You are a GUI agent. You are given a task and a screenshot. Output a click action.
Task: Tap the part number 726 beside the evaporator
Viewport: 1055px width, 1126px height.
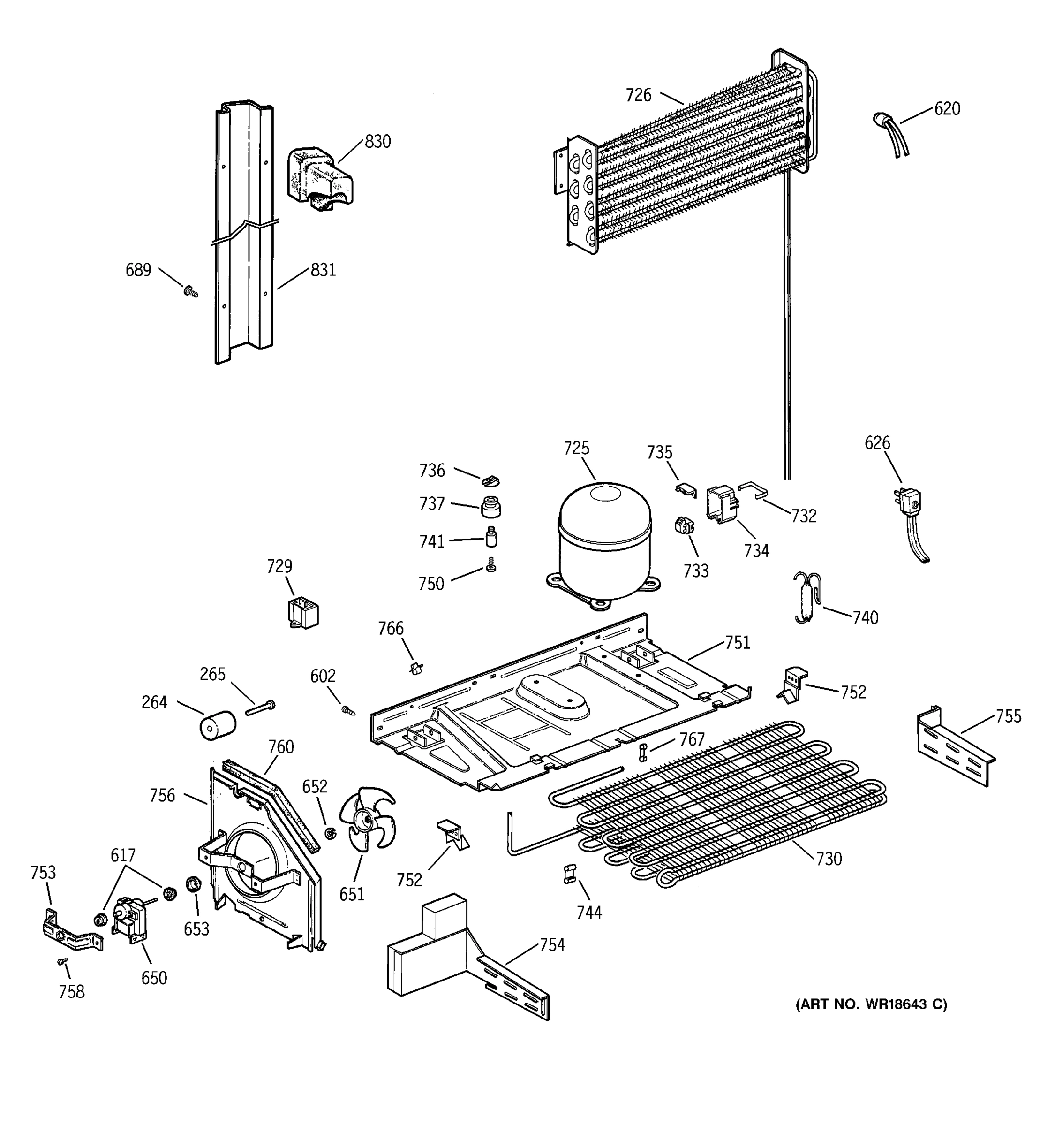[x=639, y=95]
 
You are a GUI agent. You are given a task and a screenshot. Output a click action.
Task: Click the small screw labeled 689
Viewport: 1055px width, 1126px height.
[x=191, y=292]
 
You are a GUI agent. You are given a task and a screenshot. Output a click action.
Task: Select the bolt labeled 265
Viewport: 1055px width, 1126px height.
[x=260, y=708]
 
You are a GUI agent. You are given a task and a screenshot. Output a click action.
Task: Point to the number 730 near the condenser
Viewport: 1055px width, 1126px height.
[x=829, y=859]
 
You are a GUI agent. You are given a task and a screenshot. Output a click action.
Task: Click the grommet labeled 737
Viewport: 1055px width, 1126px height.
[x=491, y=506]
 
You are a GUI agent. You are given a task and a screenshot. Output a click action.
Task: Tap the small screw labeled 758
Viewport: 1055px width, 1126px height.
[x=63, y=961]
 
